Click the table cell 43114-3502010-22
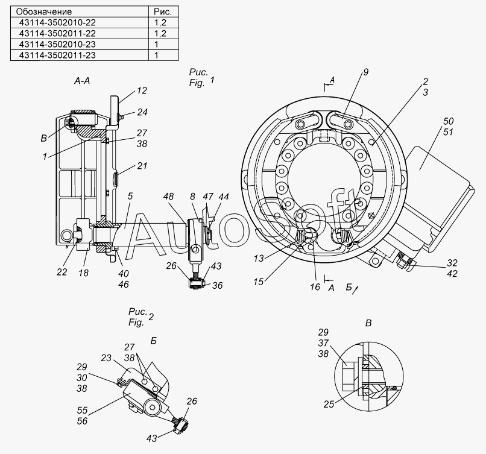click(x=80, y=23)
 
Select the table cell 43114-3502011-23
click(x=80, y=55)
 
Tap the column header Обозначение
click(x=80, y=12)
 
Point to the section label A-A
click(x=82, y=81)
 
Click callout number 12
click(x=141, y=90)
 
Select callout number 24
click(x=142, y=112)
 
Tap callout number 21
click(x=142, y=166)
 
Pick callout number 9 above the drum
click(x=366, y=72)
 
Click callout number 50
click(x=448, y=121)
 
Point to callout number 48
click(x=169, y=197)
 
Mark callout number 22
click(x=62, y=272)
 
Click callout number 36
click(x=217, y=285)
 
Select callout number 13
click(x=259, y=259)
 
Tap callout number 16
click(x=315, y=287)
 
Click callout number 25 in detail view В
click(x=329, y=404)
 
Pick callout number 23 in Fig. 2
click(x=106, y=358)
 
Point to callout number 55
click(x=82, y=411)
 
